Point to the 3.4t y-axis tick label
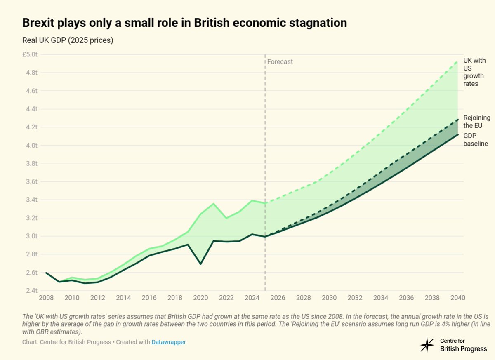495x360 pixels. click(x=33, y=200)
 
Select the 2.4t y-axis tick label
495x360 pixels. click(x=33, y=291)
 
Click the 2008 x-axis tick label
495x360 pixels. click(x=46, y=298)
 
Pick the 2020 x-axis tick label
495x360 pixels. click(x=200, y=298)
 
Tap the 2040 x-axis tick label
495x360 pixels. click(x=457, y=298)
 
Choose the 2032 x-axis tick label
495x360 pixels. click(x=355, y=298)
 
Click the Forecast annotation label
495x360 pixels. click(x=280, y=62)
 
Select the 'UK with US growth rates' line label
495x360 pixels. click(x=474, y=72)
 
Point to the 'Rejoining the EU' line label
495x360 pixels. click(x=477, y=122)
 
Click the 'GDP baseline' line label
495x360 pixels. click(x=476, y=139)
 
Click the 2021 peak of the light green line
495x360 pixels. click(x=213, y=203)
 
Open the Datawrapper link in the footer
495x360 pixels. click(x=168, y=342)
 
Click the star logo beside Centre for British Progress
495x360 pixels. click(x=427, y=345)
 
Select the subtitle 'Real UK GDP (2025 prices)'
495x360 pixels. click(x=68, y=40)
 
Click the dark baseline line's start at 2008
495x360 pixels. click(x=46, y=273)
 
